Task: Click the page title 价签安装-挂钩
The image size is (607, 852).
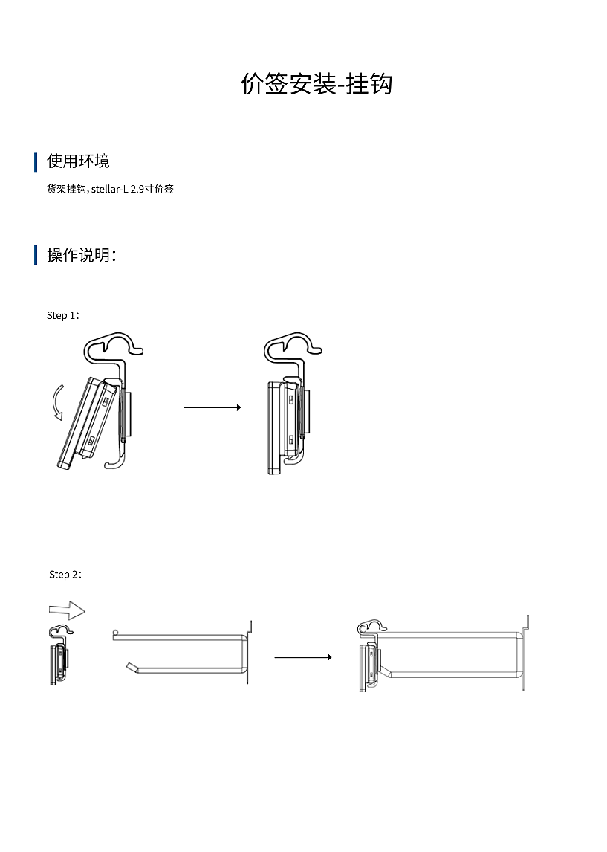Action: point(317,84)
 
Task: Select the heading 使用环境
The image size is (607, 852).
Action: point(78,161)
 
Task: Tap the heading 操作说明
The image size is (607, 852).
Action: point(81,255)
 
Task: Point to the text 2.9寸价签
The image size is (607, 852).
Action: point(152,190)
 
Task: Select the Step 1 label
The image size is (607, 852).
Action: point(62,315)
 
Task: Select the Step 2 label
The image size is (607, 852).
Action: point(65,575)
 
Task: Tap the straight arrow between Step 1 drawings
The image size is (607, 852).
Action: point(212,407)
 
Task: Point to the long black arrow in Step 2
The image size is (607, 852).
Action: point(302,657)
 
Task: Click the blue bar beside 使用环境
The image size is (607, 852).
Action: point(36,162)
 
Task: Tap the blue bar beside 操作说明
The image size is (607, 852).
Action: point(36,255)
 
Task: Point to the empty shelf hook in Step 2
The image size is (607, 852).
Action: point(182,653)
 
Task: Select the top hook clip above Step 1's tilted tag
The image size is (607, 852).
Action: point(112,346)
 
